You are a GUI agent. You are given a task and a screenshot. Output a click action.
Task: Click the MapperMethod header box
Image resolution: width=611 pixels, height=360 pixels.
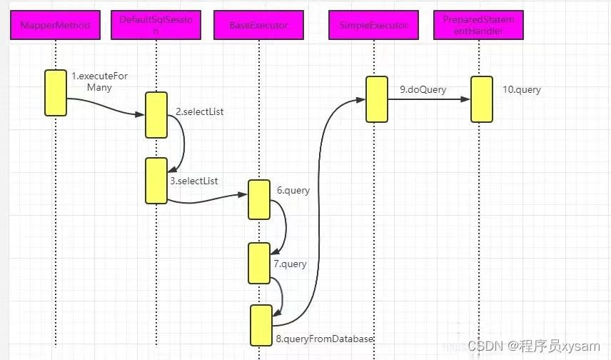(55, 26)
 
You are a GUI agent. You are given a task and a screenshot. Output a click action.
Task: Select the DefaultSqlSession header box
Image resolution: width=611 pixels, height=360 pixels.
(156, 26)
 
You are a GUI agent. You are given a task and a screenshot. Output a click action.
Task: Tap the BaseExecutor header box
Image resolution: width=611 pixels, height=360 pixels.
(258, 26)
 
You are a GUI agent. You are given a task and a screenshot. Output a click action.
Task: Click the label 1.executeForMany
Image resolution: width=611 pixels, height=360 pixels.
(99, 81)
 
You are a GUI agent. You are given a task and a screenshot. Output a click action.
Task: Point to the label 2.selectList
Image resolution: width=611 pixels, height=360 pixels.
(200, 112)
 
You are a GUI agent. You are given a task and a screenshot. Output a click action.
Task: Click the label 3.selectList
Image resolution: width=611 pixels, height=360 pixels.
(194, 181)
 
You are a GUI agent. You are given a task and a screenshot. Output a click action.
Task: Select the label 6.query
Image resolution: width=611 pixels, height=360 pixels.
(293, 190)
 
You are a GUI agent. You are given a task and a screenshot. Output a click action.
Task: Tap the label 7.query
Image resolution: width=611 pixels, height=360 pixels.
(290, 264)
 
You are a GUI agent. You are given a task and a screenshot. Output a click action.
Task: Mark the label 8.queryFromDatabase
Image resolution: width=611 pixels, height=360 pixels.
(324, 339)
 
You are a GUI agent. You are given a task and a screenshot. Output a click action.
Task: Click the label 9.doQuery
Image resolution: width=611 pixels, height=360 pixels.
(423, 90)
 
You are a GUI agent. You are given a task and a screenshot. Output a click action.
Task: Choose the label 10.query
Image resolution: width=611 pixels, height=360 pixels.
(521, 90)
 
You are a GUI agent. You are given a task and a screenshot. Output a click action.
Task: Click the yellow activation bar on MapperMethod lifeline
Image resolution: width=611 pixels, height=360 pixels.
(55, 92)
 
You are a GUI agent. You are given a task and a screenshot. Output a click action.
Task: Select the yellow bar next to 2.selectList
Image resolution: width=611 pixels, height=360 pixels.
(156, 114)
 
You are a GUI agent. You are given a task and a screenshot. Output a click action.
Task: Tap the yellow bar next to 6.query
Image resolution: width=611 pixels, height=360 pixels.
(258, 199)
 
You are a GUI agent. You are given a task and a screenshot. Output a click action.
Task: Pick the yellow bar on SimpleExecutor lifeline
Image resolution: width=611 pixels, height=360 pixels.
(376, 99)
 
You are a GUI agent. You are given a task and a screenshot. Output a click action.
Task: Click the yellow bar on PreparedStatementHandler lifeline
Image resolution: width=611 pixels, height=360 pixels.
(482, 99)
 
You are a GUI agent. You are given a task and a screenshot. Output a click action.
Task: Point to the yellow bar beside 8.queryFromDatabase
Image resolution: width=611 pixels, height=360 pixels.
(261, 326)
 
